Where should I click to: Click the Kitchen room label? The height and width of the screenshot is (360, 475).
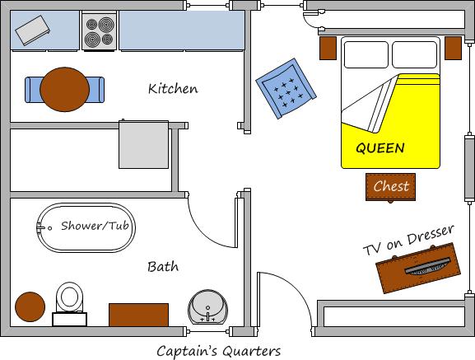point(173,88)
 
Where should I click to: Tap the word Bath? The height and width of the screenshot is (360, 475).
point(163,267)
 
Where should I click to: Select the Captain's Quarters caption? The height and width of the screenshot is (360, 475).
point(218,351)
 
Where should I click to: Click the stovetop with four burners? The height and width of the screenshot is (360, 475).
point(99,31)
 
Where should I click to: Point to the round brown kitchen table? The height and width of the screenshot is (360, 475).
point(64,90)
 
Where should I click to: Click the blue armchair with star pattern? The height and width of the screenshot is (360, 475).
point(286,88)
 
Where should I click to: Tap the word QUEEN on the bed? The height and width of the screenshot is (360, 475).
point(380,148)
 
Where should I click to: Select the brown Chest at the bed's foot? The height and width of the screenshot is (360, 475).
point(390,187)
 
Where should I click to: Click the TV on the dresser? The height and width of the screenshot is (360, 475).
point(428,266)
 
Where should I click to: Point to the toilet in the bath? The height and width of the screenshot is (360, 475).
point(70,304)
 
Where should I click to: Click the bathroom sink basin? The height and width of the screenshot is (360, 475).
point(207,307)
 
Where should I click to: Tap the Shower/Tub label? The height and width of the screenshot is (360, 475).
point(95,226)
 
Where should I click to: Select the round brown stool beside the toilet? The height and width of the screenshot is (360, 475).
point(30,306)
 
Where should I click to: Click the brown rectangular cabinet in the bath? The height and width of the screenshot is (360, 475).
point(138,315)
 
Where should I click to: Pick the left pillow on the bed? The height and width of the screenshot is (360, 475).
point(366,54)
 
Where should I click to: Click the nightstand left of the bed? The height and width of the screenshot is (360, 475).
point(328,48)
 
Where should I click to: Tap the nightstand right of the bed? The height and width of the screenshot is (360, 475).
point(454,48)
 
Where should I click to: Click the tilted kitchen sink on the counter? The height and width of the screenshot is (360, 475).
point(33,30)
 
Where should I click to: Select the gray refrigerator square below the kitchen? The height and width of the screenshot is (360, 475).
point(143,144)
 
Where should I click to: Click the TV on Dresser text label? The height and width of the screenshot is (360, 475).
point(408,240)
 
